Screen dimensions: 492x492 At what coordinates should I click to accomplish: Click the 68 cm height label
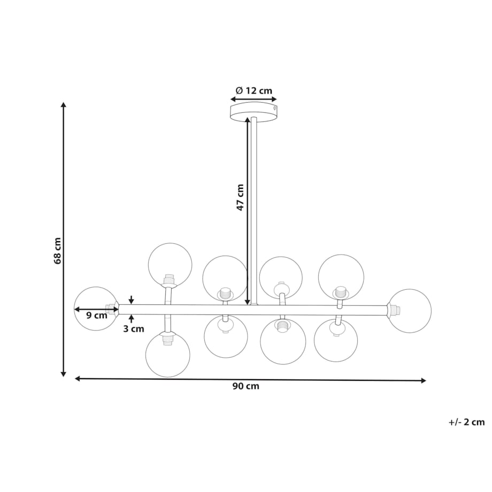[x=57, y=251]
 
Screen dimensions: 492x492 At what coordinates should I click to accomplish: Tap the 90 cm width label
[x=246, y=386]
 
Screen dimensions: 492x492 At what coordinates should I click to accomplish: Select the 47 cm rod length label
[x=240, y=197]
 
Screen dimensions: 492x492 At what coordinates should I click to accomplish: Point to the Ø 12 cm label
[x=254, y=91]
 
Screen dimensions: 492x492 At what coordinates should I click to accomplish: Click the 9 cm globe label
[x=97, y=315]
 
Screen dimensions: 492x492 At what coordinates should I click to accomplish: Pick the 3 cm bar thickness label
[x=134, y=329]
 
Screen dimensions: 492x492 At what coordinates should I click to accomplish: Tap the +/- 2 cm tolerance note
[x=466, y=422]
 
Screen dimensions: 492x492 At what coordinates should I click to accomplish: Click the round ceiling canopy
[x=253, y=112]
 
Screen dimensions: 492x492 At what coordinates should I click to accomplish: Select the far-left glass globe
[x=96, y=309]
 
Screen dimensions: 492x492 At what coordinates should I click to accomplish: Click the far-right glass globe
[x=410, y=311]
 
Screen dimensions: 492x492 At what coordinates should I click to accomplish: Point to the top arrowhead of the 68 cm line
[x=64, y=104]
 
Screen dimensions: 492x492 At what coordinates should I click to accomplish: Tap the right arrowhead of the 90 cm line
[x=424, y=381]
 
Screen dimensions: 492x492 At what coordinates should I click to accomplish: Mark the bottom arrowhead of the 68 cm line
[x=64, y=374]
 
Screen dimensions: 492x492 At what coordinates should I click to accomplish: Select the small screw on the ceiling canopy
[x=274, y=108]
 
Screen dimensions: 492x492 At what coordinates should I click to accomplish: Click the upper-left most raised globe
[x=170, y=265]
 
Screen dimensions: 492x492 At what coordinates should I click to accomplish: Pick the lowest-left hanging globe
[x=168, y=355]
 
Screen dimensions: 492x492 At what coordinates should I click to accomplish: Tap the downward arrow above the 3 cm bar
[x=131, y=299]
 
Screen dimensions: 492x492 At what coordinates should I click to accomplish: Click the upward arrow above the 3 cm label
[x=131, y=319]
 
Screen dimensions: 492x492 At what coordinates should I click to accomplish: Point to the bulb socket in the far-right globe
[x=394, y=310]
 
